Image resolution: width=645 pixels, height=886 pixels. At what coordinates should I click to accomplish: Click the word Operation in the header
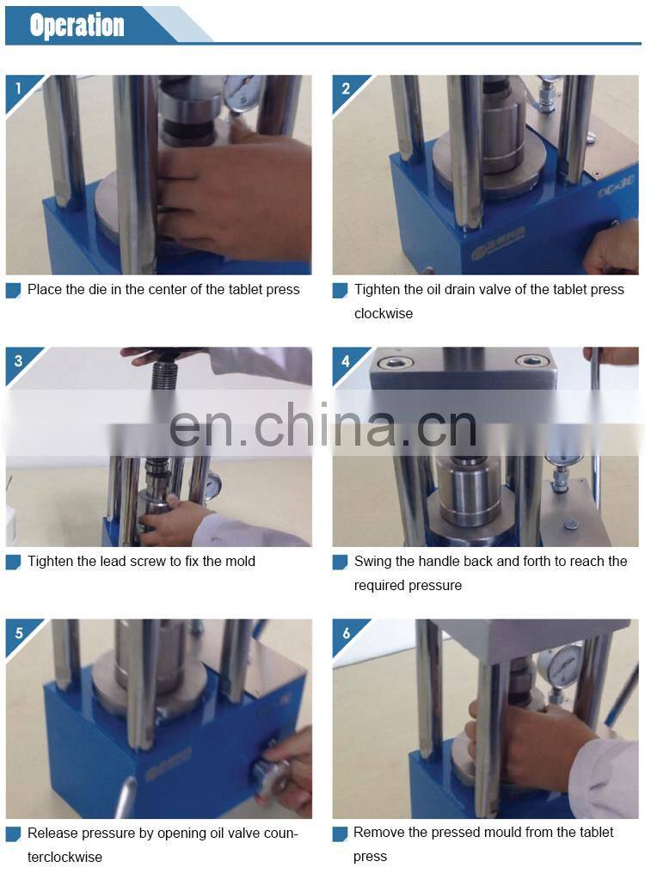(77, 25)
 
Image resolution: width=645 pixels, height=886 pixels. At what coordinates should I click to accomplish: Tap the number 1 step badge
(17, 88)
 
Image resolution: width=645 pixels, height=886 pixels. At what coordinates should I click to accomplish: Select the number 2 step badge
(345, 88)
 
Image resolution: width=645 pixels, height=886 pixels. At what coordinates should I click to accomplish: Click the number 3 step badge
(17, 360)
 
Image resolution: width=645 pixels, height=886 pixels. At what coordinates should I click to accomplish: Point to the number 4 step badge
(345, 360)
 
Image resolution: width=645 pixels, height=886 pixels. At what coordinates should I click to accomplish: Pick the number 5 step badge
(17, 632)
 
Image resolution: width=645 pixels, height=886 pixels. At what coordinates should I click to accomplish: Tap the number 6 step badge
(345, 632)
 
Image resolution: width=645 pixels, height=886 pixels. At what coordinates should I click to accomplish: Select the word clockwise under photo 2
(384, 314)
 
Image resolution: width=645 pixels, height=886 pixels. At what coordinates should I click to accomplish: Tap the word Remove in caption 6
(379, 833)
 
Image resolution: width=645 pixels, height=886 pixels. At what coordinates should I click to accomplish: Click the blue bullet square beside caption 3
(13, 563)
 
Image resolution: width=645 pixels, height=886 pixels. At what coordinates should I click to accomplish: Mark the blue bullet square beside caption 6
(340, 834)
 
